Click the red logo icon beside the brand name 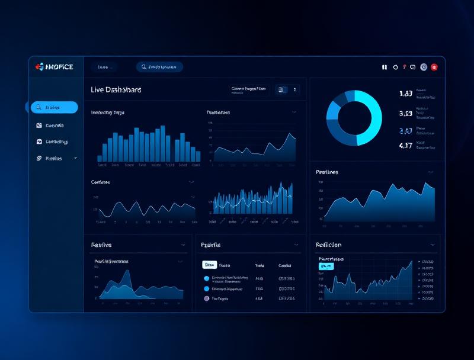coord(40,67)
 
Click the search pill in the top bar coord(159,67)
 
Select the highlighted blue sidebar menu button coord(55,107)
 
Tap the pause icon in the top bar coord(385,67)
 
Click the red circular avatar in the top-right coord(434,67)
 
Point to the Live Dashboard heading coord(116,90)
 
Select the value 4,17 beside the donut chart coord(406,145)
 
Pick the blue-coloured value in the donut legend coord(406,131)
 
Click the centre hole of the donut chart coord(354,118)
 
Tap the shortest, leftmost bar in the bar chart coord(100,159)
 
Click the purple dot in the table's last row coord(207,299)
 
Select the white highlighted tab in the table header coord(210,265)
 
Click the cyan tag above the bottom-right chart coord(326,266)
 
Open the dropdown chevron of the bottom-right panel coord(433,245)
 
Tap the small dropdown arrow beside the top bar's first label coord(111,67)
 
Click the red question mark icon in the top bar coord(404,67)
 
